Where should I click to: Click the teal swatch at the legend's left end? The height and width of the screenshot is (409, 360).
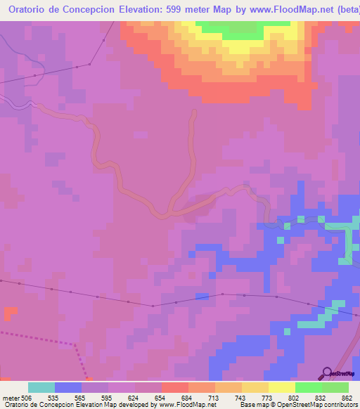point(41,387)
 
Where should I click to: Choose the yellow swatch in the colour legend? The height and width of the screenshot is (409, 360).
point(282,387)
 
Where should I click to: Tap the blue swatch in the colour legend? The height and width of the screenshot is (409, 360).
point(68,387)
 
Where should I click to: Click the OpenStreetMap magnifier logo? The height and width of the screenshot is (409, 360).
point(327,372)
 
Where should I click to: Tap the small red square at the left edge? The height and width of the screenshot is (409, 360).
point(10,312)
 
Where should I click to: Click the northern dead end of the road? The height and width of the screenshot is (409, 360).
point(193,111)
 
